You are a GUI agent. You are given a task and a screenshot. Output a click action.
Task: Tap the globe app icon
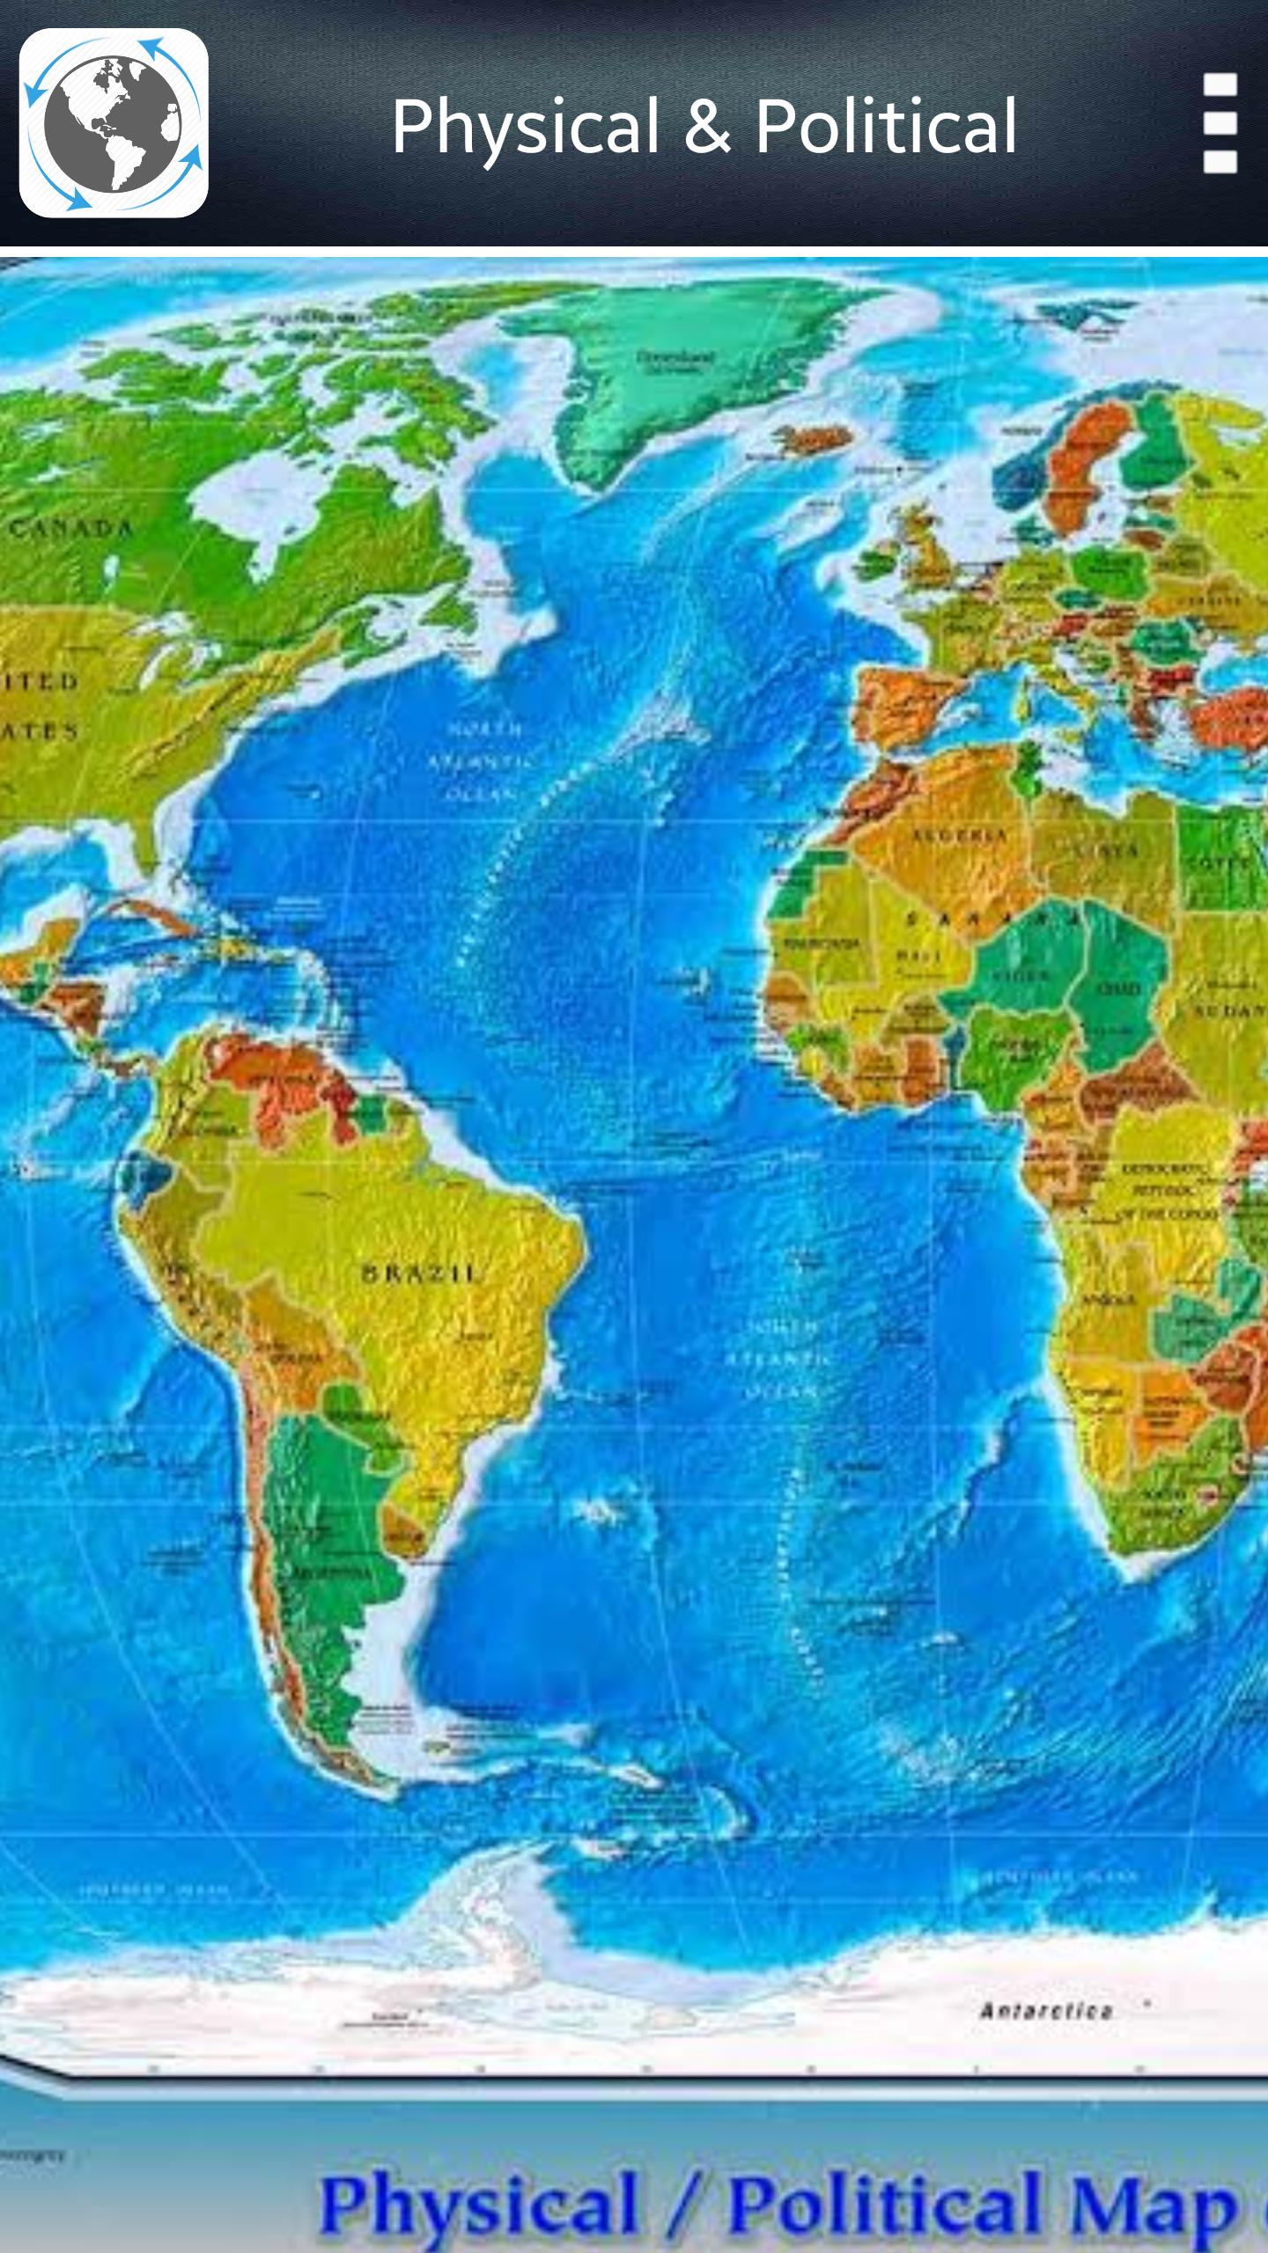coord(114,123)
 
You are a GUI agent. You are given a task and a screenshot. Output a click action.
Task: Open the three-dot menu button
coord(1220,123)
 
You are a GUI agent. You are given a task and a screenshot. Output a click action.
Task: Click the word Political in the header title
coord(886,126)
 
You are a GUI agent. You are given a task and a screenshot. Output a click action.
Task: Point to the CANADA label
coord(72,528)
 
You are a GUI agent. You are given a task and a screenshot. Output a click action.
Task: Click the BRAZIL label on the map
coord(421,1273)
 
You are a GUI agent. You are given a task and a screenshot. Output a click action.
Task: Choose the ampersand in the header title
coord(707,126)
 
